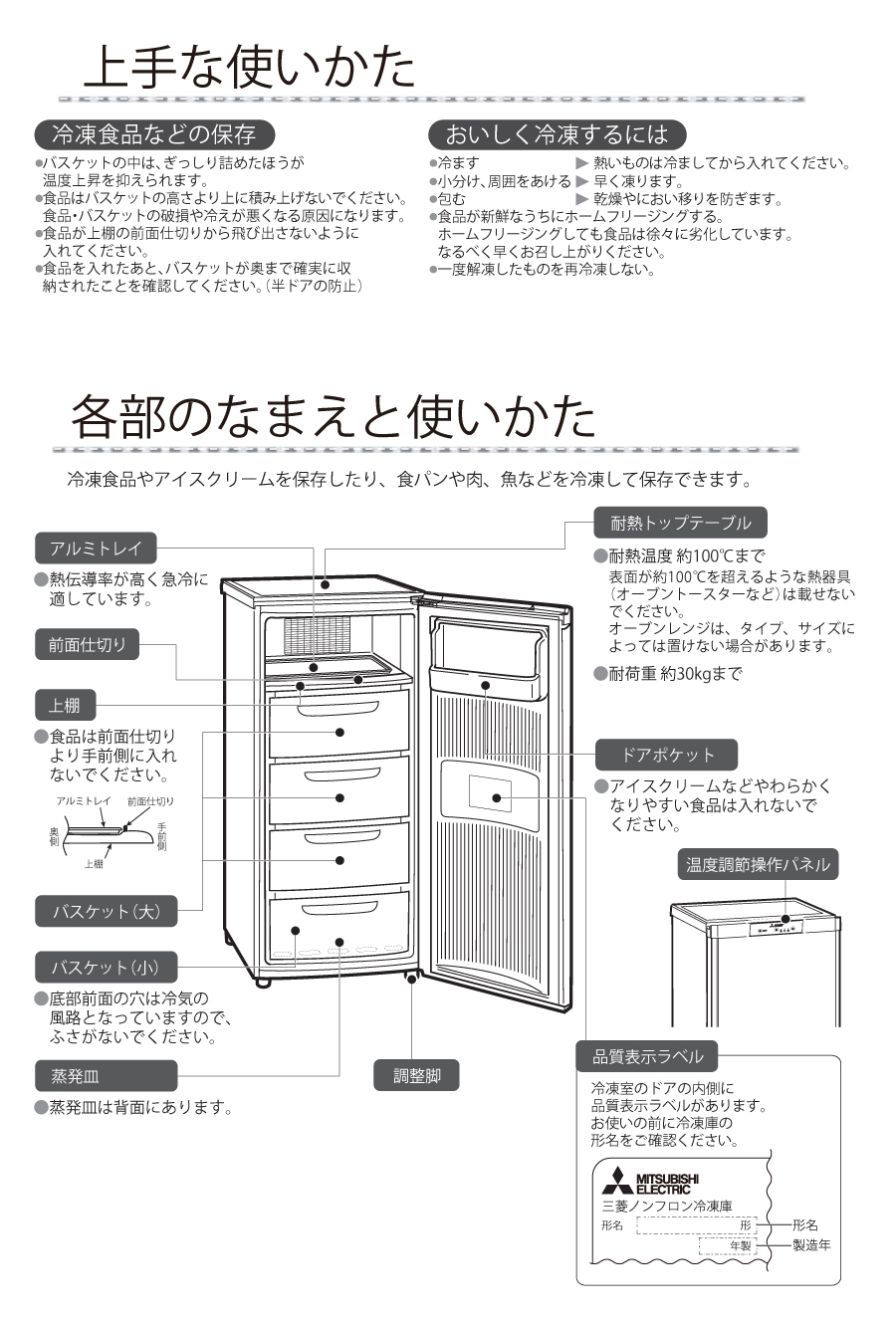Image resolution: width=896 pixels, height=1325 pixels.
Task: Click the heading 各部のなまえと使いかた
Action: [x=334, y=417]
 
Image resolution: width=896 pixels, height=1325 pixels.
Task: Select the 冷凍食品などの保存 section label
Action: [x=153, y=134]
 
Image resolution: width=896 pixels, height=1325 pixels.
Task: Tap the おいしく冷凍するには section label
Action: [x=557, y=134]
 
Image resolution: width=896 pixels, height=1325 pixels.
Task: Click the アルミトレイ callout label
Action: [x=96, y=548]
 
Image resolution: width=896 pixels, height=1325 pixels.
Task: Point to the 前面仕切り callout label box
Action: [x=88, y=644]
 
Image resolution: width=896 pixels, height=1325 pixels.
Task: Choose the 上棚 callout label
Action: [x=65, y=706]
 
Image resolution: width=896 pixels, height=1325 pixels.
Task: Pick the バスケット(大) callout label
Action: [x=106, y=911]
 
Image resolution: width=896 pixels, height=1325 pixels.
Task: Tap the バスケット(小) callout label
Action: [x=106, y=967]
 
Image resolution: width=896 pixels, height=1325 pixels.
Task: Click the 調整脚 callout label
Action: [x=417, y=1076]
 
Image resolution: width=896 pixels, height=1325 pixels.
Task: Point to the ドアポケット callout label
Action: [x=667, y=755]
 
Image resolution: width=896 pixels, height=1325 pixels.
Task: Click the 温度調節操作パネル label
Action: [x=758, y=864]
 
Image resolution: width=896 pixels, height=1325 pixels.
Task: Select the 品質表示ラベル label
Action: [x=647, y=1056]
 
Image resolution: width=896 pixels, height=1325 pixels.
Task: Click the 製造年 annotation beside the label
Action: [x=810, y=1245]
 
